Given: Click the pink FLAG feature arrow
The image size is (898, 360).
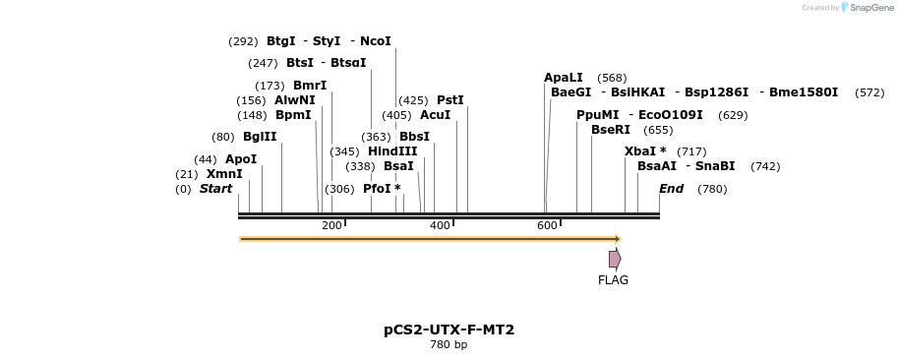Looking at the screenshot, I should (615, 259).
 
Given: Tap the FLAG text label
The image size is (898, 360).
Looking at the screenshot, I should (613, 280).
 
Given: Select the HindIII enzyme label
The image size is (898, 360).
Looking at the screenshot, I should (392, 151).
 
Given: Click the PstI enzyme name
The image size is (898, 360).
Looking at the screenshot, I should (449, 100).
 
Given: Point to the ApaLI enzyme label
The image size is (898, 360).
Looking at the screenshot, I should (564, 78).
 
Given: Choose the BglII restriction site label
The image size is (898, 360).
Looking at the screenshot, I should (260, 137).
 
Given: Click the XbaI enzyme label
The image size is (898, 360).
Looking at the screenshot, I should (644, 151).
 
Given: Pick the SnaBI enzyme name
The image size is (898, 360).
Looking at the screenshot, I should (715, 166).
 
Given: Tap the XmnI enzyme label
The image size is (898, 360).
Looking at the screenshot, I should (224, 174).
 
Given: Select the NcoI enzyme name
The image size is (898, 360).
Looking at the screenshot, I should (376, 41).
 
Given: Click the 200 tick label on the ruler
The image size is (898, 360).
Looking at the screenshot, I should (331, 226).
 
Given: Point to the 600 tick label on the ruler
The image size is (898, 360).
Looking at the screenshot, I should (547, 226).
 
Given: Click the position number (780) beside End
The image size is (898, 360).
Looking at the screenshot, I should (712, 189).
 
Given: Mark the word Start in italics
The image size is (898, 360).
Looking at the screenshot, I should (216, 189).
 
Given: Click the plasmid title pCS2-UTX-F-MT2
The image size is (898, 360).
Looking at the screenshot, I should (449, 330).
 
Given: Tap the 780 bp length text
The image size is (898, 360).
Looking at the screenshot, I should (449, 345).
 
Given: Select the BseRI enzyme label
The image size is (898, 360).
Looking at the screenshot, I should (611, 130).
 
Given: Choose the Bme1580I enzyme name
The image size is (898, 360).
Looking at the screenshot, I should (804, 92).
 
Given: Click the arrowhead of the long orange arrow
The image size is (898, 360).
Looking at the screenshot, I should (618, 239).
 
